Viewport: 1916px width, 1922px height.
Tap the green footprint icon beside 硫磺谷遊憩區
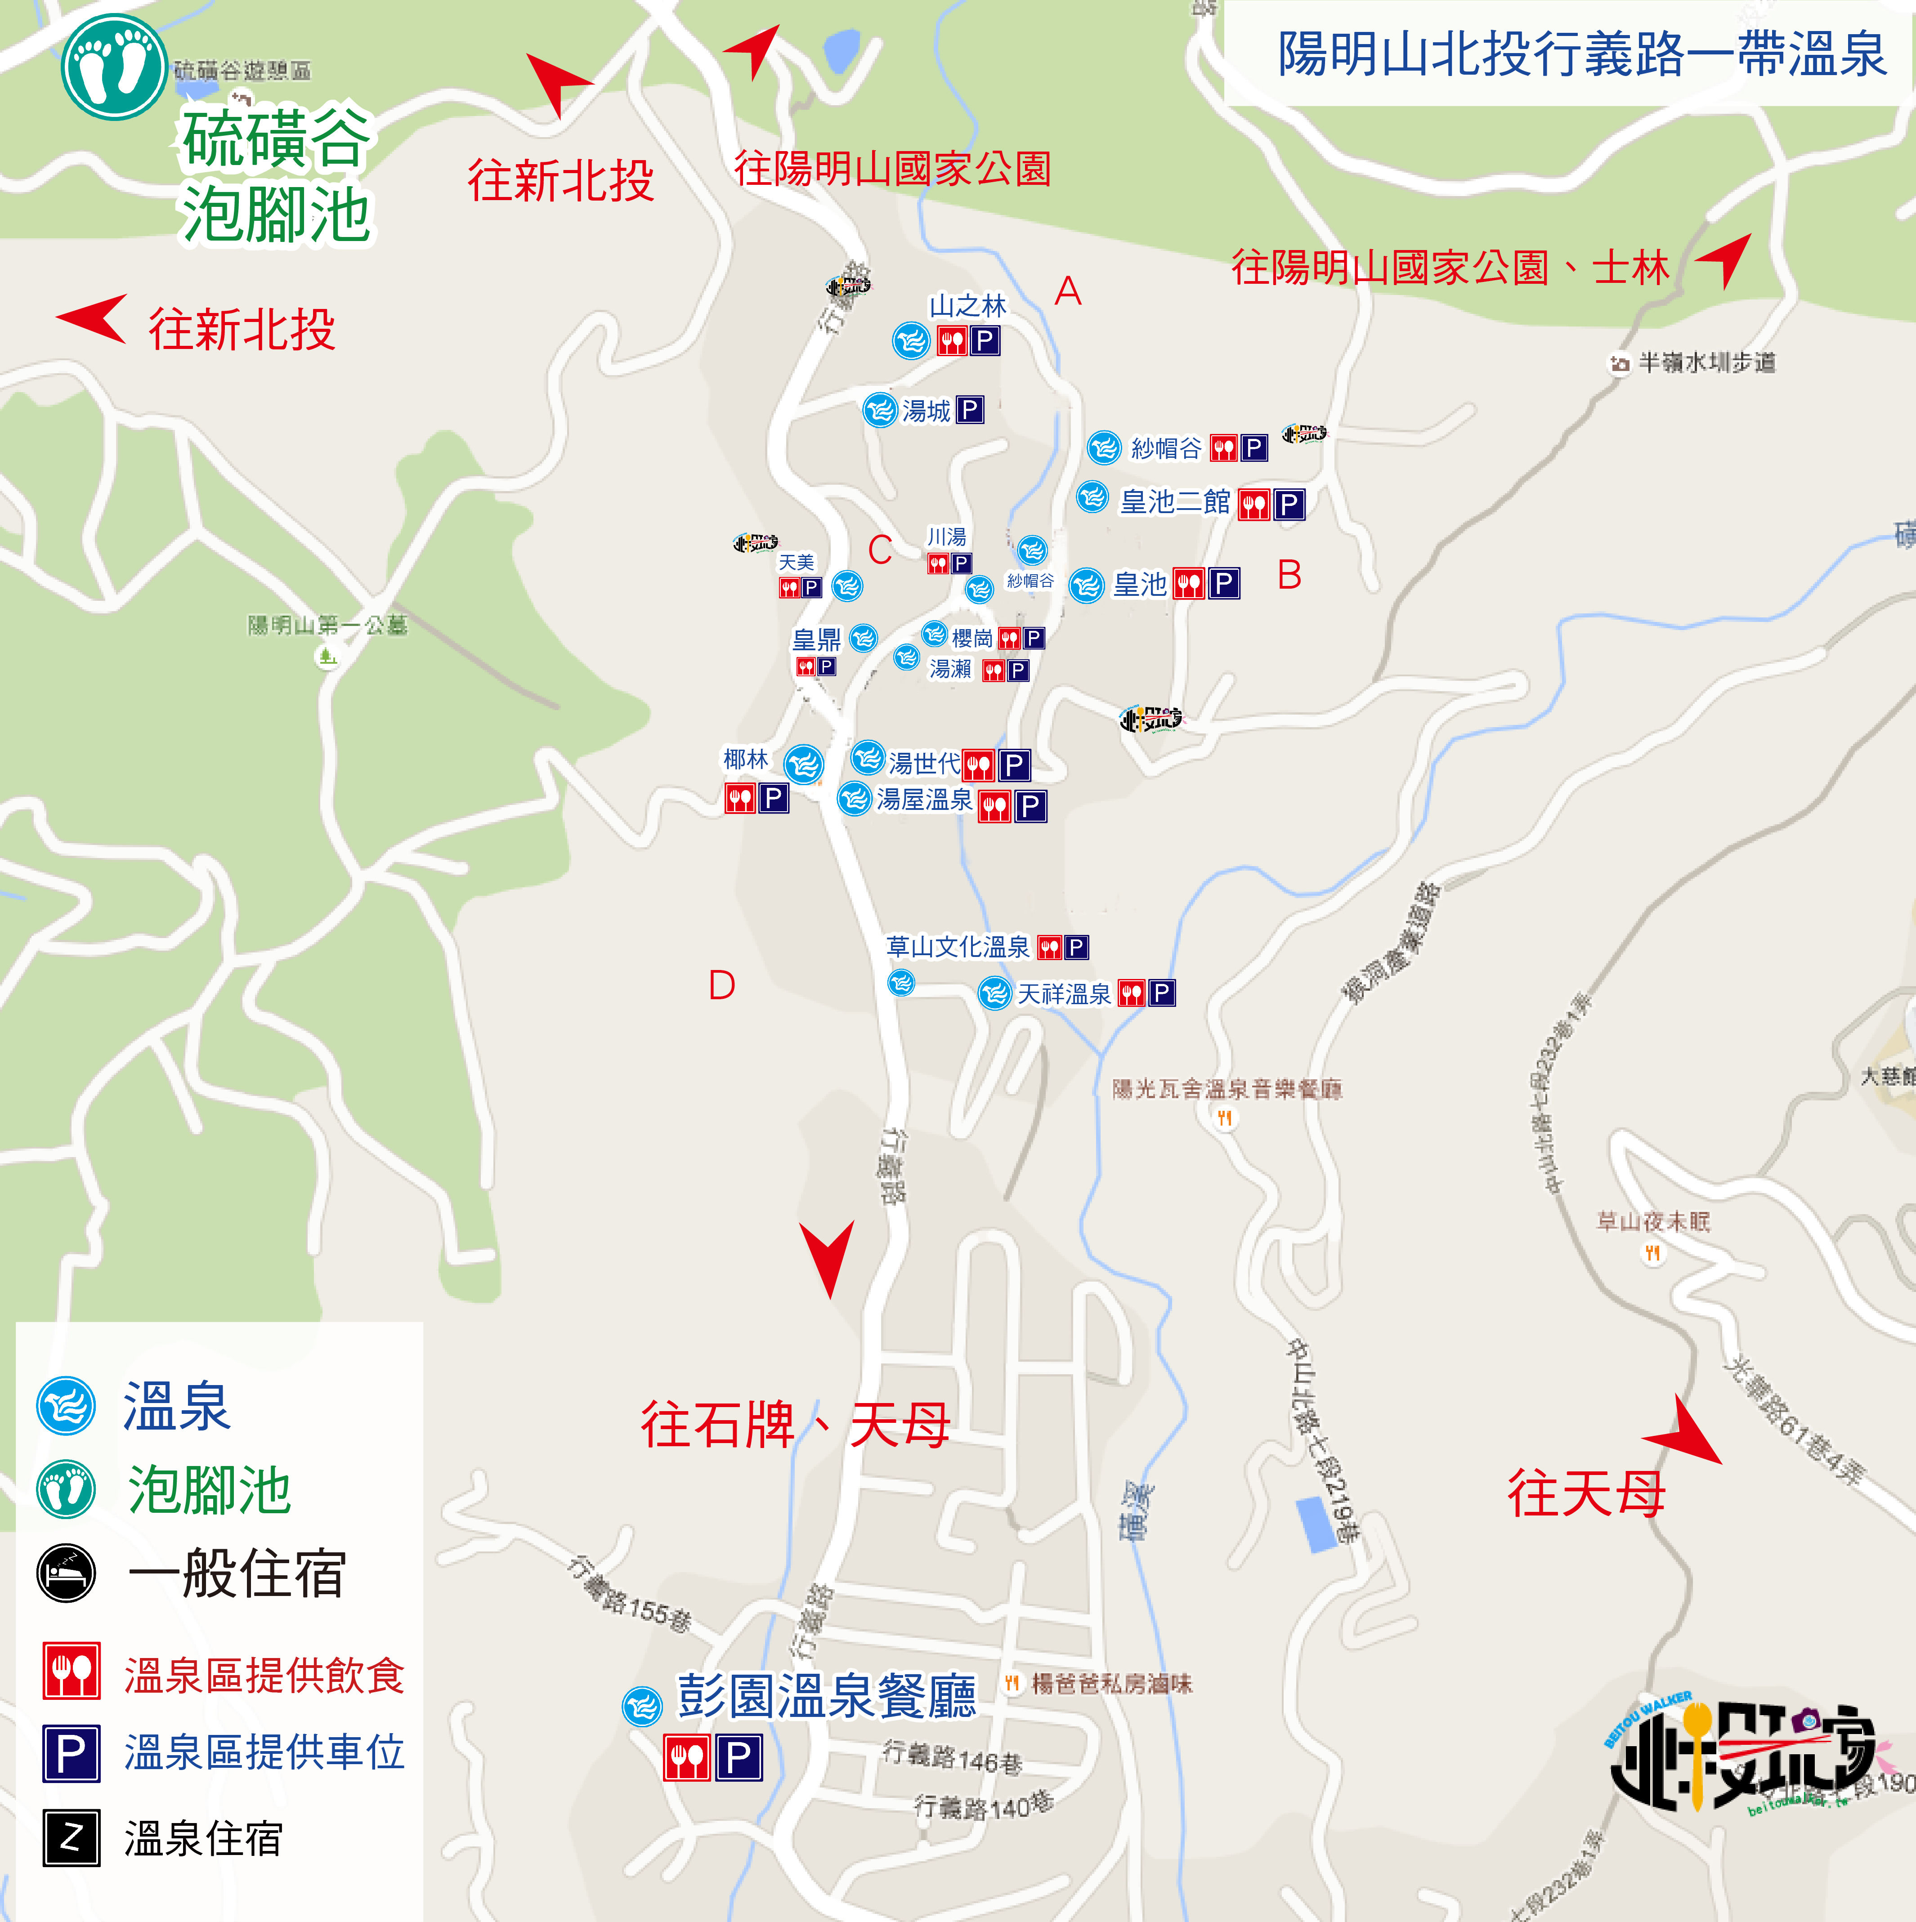pos(113,67)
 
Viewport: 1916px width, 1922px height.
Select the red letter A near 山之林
pos(1067,291)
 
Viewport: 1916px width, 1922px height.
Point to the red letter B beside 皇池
pos(1289,575)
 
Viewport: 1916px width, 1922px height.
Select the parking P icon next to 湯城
pos(969,410)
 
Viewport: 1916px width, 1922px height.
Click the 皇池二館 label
pos(1175,501)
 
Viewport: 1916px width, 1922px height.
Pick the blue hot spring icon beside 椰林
pos(804,764)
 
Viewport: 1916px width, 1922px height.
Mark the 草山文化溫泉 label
pos(957,946)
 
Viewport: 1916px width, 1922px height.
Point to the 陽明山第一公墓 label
pos(327,625)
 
